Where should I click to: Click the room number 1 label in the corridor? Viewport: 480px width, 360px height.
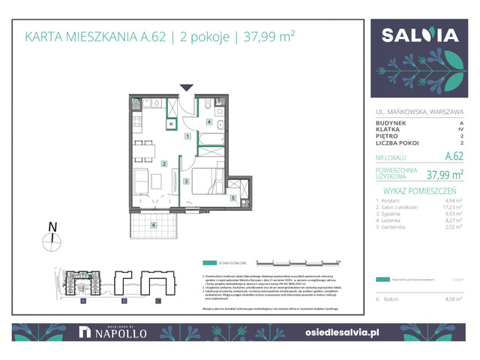(x=187, y=136)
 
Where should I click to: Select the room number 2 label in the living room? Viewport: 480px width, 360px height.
(x=163, y=163)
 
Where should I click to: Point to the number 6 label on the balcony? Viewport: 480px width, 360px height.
(x=153, y=225)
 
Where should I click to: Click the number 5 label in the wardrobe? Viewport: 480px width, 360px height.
(x=233, y=198)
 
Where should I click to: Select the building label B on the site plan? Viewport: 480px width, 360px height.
(x=121, y=301)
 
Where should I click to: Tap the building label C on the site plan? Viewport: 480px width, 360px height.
(x=158, y=301)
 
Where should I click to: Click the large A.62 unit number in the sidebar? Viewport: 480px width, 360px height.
(x=454, y=157)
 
